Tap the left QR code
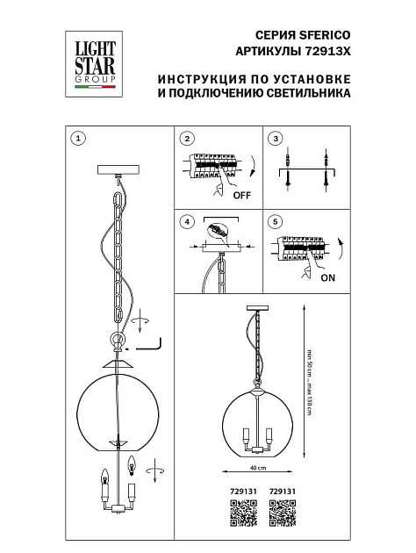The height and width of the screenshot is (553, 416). [241, 511]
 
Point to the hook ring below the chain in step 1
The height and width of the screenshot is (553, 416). [116, 340]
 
